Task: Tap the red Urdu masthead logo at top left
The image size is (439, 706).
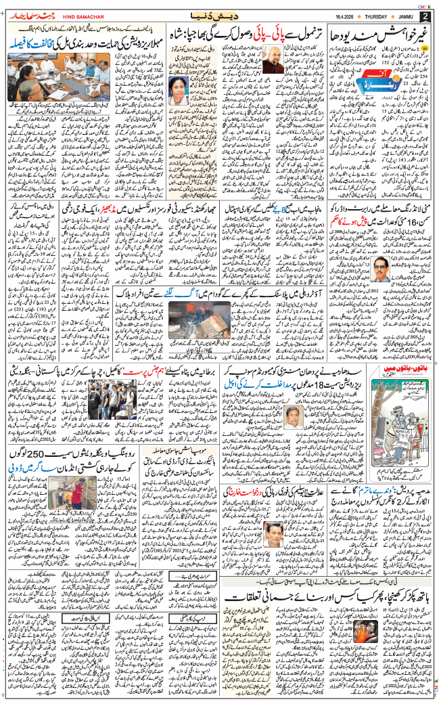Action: (x=28, y=15)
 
